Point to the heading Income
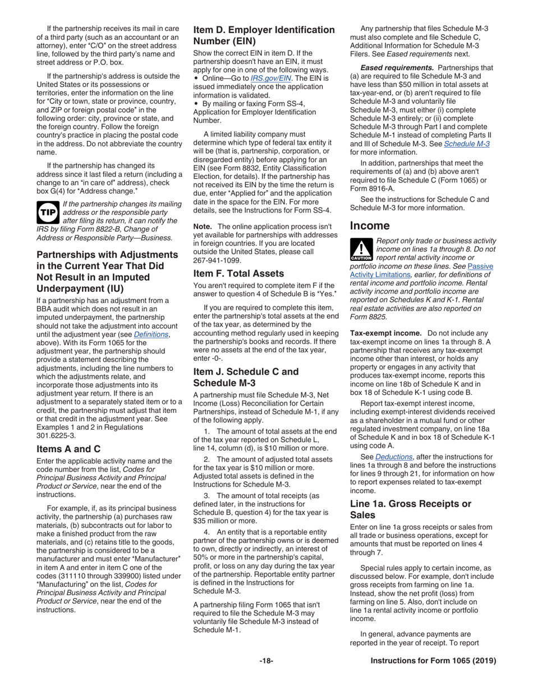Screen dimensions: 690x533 tap(370, 226)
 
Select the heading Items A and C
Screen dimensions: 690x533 tap(68, 433)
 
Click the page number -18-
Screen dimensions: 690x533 tap(266, 661)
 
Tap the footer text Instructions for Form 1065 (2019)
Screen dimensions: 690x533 tap(433, 661)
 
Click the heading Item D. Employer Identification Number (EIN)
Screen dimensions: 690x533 tap(264, 35)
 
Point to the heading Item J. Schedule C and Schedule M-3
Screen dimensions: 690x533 tap(246, 378)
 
